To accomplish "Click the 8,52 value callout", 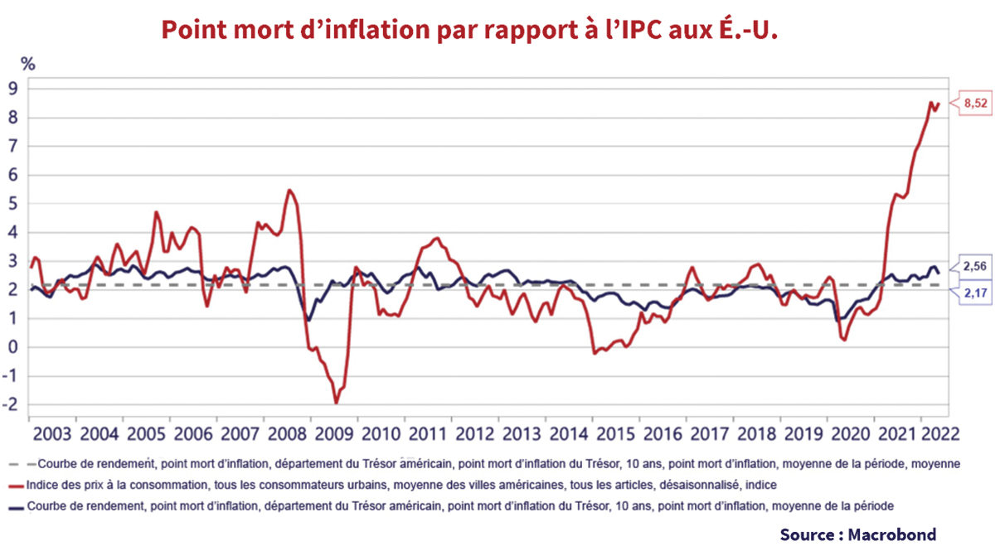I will click(x=976, y=104).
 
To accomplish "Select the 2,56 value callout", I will click(x=976, y=266).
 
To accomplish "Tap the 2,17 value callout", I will click(x=976, y=293).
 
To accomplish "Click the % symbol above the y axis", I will click(x=28, y=63).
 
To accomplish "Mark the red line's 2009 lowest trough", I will click(x=337, y=403).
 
